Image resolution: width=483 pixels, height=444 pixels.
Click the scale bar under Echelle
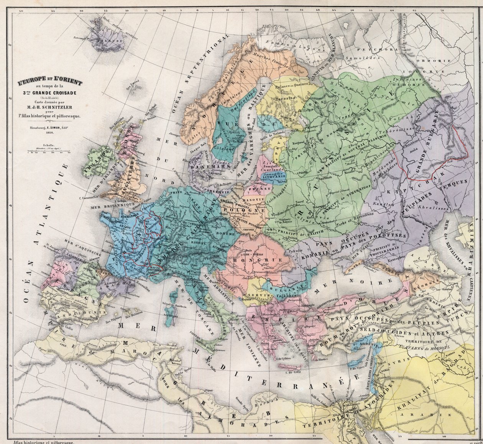click(x=48, y=152)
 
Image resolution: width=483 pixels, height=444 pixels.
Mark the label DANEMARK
click(x=204, y=167)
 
